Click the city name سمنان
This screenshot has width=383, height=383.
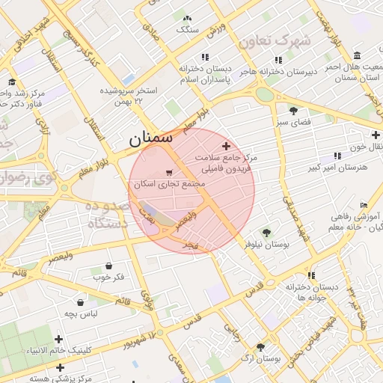point(150,138)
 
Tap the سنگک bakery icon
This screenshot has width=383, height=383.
point(187,18)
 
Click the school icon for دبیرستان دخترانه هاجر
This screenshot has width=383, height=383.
point(279,60)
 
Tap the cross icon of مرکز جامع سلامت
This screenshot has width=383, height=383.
point(227,146)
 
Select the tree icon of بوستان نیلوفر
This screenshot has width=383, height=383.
point(266,233)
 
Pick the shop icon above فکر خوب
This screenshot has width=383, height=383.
point(109,266)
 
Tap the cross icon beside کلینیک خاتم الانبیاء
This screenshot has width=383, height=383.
point(58,340)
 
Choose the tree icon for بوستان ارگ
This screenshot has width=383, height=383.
point(260,347)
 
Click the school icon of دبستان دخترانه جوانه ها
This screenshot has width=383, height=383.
point(311,275)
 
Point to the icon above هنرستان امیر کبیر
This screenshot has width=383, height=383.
point(337,156)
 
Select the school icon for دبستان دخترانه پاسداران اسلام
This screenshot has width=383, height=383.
point(204,57)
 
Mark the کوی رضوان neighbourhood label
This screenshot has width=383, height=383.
point(15,179)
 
